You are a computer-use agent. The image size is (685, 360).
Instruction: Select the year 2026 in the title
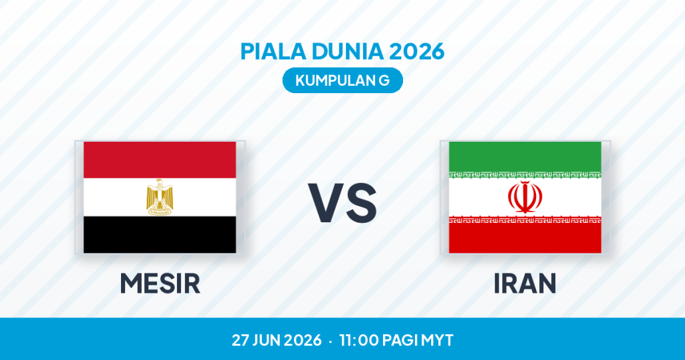[416, 51]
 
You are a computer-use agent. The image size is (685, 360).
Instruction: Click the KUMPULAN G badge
[342, 81]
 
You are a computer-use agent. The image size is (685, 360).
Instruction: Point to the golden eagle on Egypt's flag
[160, 197]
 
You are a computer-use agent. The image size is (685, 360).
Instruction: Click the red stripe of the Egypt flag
[160, 160]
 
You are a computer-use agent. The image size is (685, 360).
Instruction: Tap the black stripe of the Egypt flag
[160, 234]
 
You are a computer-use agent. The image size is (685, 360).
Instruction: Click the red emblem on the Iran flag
[525, 197]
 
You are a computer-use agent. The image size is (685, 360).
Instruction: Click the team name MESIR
[160, 283]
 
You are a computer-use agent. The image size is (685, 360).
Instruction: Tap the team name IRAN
[525, 283]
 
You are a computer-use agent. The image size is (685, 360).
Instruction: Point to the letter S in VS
[360, 202]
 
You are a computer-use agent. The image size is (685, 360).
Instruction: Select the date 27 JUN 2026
[277, 340]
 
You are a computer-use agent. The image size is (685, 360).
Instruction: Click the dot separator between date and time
[331, 341]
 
